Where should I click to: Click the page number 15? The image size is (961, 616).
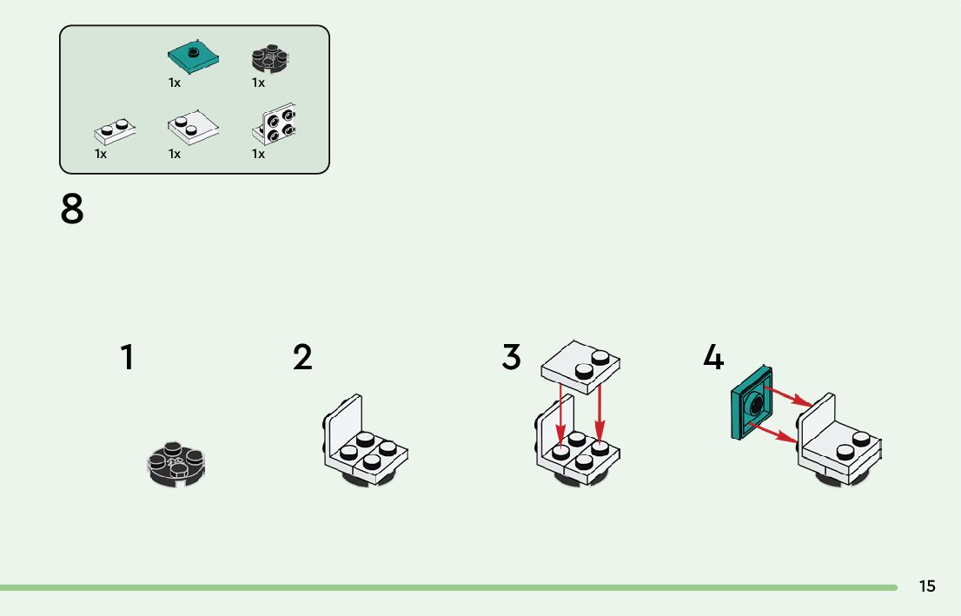927,586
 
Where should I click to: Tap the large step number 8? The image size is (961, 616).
73,209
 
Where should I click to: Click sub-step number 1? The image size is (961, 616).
128,358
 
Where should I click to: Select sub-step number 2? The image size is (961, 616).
302,358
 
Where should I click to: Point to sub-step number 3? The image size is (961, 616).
512,358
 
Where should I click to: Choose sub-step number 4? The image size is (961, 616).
712,358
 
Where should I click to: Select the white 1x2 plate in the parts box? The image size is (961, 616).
115,131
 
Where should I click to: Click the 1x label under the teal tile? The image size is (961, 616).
175,83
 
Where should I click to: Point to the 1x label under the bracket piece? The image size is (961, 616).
258,154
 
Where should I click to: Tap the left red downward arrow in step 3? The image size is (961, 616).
560,417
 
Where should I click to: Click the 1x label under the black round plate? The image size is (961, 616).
258,83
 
